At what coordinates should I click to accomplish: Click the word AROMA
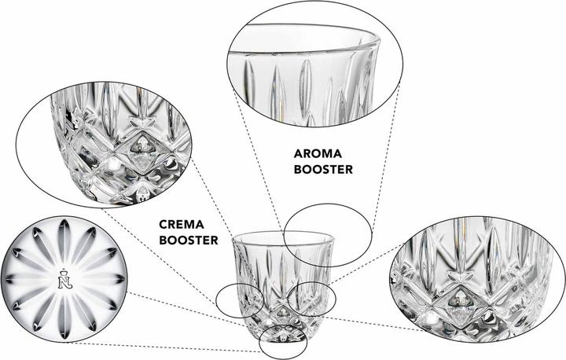[x=318, y=154]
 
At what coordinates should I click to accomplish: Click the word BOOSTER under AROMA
[x=323, y=169]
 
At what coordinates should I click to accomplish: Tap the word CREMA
[x=182, y=225]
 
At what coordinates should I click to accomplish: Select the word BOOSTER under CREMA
[x=189, y=240]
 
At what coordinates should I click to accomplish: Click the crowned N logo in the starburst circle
[x=65, y=279]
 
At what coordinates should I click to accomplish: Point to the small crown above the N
[x=65, y=270]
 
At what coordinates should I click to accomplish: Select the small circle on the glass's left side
[x=216, y=300]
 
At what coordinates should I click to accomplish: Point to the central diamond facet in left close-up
[x=141, y=152]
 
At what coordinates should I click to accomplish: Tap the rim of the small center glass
[x=283, y=233]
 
